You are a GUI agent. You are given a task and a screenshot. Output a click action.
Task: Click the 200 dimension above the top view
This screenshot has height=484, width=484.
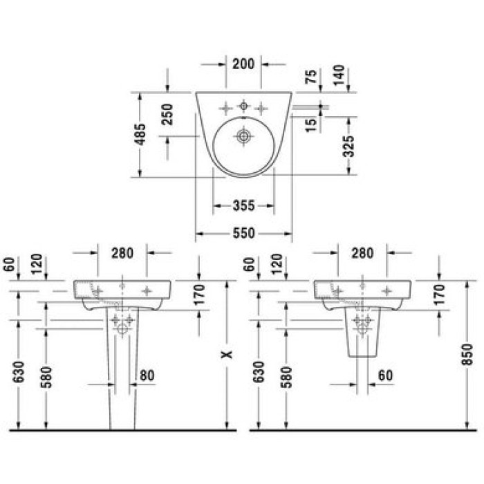243,64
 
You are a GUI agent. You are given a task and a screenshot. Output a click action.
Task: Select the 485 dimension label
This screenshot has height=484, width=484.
140,134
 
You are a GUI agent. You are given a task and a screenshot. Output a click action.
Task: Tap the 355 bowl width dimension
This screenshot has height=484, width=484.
244,205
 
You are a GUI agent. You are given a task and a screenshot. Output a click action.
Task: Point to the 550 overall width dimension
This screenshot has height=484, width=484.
244,233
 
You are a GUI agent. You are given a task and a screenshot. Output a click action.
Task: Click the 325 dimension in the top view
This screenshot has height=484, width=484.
348,147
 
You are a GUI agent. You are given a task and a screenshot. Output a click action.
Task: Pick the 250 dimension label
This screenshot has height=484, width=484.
167,114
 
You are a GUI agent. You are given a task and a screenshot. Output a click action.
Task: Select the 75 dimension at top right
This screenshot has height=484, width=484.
311,77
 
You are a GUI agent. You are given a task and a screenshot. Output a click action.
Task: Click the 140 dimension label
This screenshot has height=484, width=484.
339,75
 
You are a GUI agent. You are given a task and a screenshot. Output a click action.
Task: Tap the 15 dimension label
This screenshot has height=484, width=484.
311,125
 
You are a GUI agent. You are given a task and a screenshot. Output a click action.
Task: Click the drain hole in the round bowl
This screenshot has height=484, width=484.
243,136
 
